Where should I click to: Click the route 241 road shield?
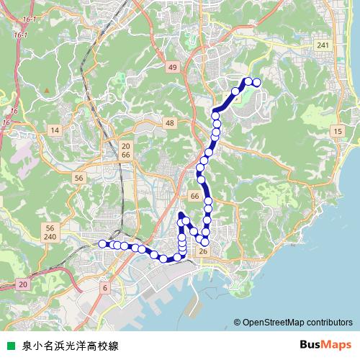click(323, 45)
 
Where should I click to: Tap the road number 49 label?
click(171, 67)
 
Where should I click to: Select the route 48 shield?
click(169, 124)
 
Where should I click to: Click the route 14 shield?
click(54, 130)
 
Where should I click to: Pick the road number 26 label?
click(203, 251)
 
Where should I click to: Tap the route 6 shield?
click(105, 287)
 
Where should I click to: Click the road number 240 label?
click(50, 237)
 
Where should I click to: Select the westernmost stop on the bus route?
click(102, 244)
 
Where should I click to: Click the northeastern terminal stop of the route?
click(256, 82)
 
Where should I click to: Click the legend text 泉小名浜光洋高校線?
click(71, 345)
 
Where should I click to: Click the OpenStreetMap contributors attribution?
click(297, 323)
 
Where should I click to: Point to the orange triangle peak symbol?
click(47, 91)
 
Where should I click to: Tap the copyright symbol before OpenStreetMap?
click(237, 323)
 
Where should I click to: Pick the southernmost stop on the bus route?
click(164, 258)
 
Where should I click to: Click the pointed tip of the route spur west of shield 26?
click(180, 214)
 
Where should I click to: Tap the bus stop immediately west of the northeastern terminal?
click(248, 81)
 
